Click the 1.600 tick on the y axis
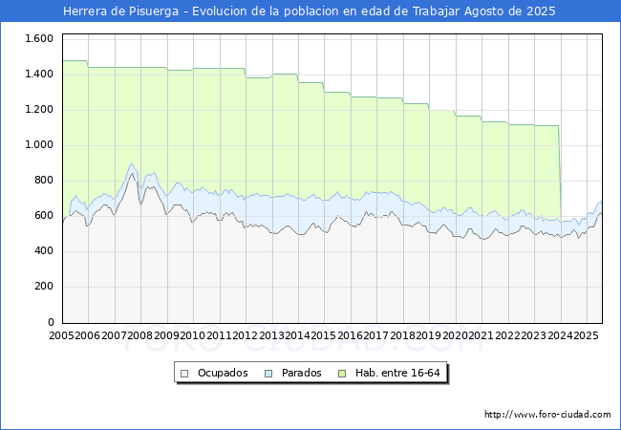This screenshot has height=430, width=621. pyautogui.click(x=38, y=38)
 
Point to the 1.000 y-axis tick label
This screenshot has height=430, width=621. pyautogui.click(x=38, y=144)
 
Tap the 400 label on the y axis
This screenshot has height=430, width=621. pyautogui.click(x=44, y=251)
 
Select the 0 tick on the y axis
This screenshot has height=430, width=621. pyautogui.click(x=52, y=322)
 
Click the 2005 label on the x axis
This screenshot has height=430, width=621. pyautogui.click(x=61, y=336)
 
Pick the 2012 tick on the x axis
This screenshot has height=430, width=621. pyautogui.click(x=246, y=336)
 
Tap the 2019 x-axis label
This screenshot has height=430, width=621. pyautogui.click(x=429, y=336)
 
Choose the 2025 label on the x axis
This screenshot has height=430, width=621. pyautogui.click(x=587, y=336)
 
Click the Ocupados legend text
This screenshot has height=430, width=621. pyautogui.click(x=223, y=373)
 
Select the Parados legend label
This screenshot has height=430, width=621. pyautogui.click(x=301, y=373)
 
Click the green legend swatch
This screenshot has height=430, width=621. pyautogui.click(x=357, y=373)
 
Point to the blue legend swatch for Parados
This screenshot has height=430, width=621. pyautogui.click(x=268, y=373)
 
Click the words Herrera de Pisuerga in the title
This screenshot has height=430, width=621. pyautogui.click(x=122, y=11)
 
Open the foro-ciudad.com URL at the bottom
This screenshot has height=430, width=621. pyautogui.click(x=547, y=415)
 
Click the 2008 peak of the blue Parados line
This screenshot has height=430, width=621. pyautogui.click(x=132, y=163)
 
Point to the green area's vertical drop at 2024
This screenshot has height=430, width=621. pyautogui.click(x=560, y=172)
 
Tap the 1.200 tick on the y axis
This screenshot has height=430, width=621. pyautogui.click(x=38, y=109)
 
